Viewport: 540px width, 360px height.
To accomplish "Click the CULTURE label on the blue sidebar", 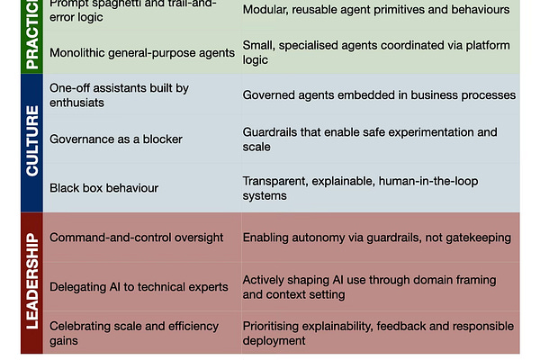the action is point(32,142).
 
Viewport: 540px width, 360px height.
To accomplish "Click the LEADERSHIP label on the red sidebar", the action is point(32,282).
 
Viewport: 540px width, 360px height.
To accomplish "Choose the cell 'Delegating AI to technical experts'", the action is point(139,287).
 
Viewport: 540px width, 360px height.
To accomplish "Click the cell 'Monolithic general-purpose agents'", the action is point(142,52).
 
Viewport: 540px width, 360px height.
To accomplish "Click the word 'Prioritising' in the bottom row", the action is point(274,326).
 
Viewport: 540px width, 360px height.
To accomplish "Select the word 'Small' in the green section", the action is point(258,45).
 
